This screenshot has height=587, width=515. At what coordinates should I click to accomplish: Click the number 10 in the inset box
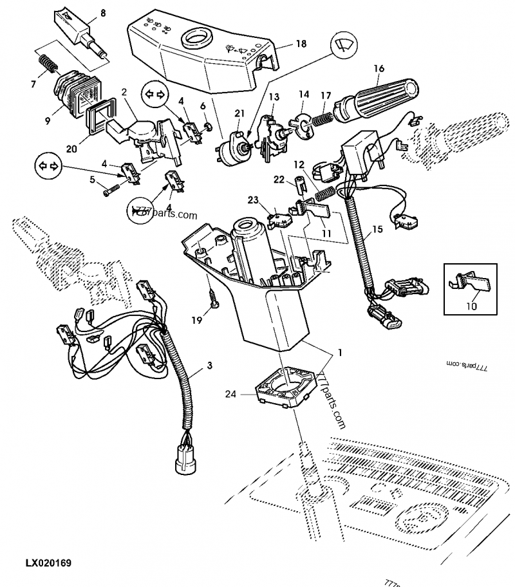[x=472, y=306]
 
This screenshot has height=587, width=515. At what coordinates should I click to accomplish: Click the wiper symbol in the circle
[x=345, y=47]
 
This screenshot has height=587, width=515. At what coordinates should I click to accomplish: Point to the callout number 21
[x=239, y=114]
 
